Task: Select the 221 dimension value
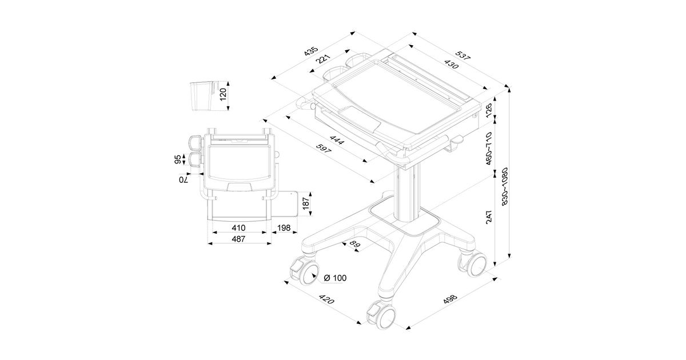click(325, 61)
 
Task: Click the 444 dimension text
click(337, 141)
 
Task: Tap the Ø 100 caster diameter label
click(335, 278)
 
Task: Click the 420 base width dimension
click(326, 300)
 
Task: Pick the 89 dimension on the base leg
click(354, 245)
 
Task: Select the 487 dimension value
click(239, 239)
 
